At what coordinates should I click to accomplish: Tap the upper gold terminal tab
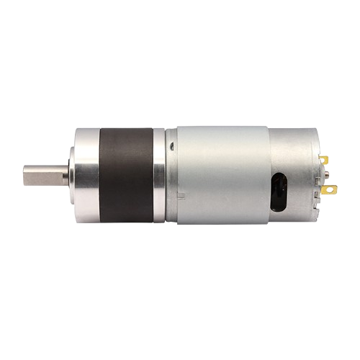tap(324, 160)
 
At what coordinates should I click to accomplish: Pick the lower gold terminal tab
tap(330, 190)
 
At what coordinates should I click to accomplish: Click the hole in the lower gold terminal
tap(332, 190)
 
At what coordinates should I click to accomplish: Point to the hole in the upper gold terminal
tap(325, 160)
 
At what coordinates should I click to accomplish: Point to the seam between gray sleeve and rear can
tap(269, 155)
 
